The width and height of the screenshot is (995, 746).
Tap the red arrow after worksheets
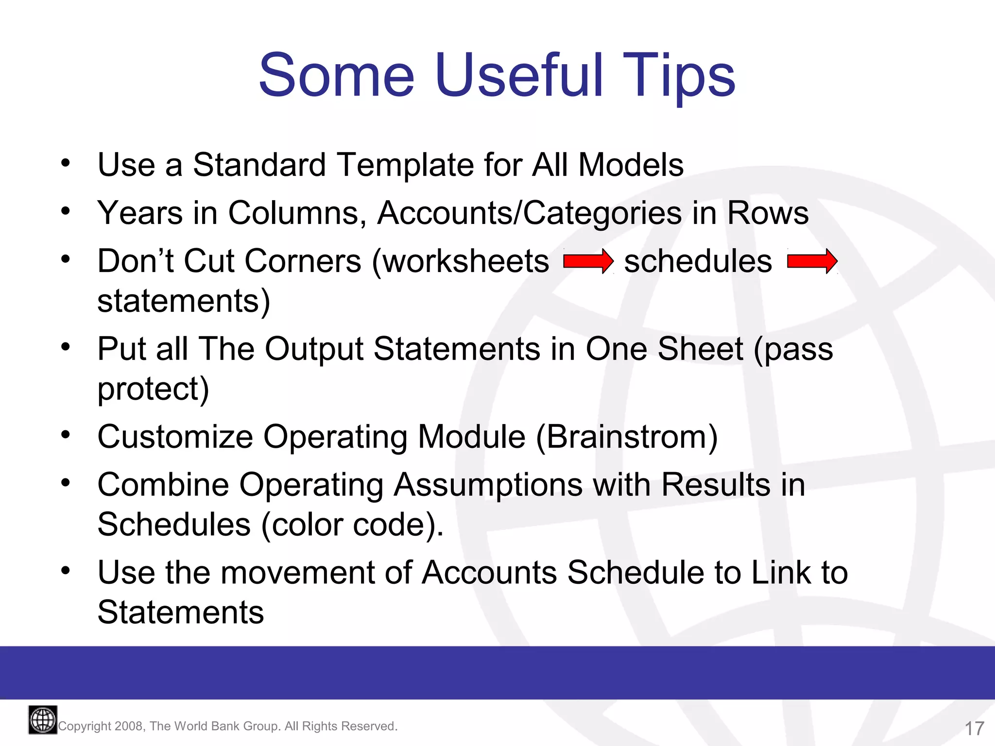(588, 261)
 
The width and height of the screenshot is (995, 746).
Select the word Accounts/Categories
(530, 214)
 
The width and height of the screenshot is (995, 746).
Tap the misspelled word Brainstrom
(627, 437)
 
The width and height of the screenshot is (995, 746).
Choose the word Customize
(175, 437)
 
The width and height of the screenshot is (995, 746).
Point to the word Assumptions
(488, 486)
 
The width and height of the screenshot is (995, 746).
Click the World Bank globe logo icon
(43, 720)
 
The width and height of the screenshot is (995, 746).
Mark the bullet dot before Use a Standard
(66, 163)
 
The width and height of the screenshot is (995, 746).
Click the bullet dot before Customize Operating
(66, 435)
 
